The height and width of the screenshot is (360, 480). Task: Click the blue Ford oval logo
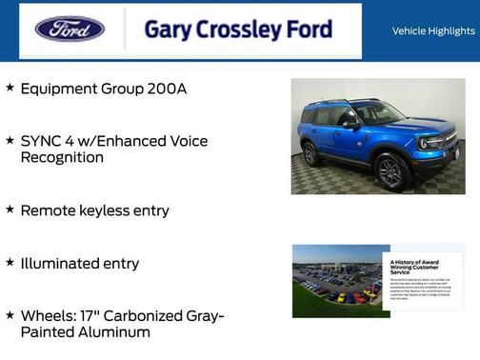coord(70,29)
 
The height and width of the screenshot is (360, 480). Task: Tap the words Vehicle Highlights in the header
coord(433,31)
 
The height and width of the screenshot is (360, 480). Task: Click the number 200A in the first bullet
coord(168,89)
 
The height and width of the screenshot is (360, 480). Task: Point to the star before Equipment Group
coord(10,88)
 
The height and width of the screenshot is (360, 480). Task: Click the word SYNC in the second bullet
coord(40,141)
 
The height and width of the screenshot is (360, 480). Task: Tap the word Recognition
coord(62,157)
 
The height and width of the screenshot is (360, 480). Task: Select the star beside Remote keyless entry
coord(10,209)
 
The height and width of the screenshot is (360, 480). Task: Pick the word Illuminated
coord(61,263)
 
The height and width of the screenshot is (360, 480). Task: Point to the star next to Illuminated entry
coord(10,262)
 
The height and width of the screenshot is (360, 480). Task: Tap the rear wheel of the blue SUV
coord(311,152)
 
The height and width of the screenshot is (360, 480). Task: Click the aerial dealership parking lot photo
coord(337,281)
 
